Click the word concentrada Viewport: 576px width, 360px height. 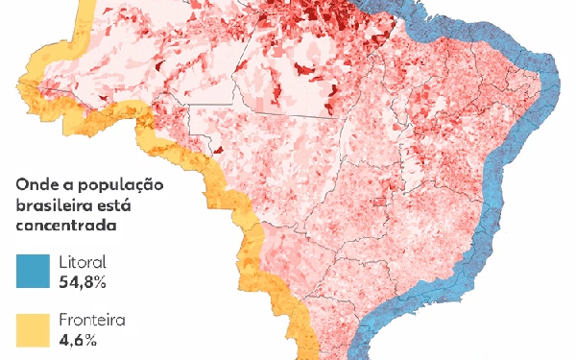pos(65,227)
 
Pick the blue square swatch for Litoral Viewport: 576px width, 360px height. pos(33,271)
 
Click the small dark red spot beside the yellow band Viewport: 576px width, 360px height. pos(219,150)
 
